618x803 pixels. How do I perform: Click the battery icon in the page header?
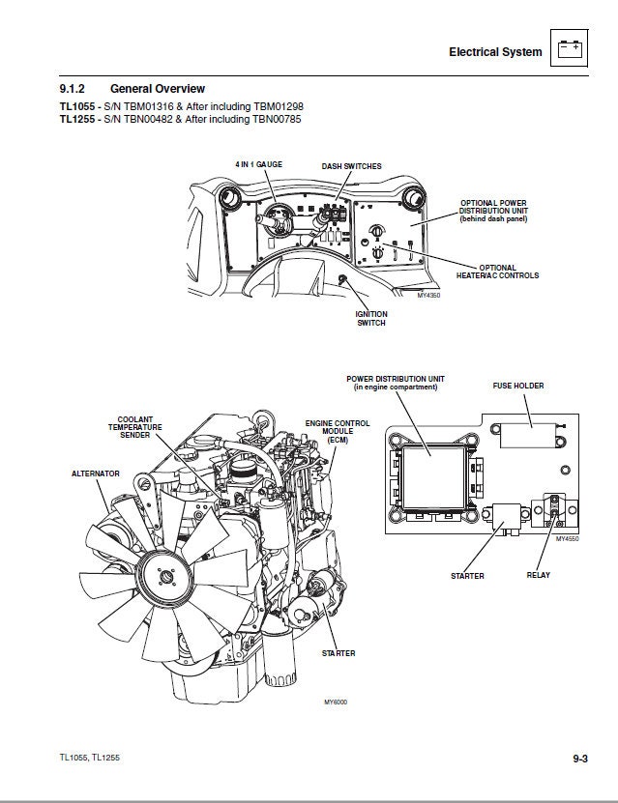coord(570,47)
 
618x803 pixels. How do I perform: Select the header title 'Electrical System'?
coord(495,52)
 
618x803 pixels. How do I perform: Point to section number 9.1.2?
coord(74,89)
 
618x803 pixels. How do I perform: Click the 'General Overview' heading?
coord(158,89)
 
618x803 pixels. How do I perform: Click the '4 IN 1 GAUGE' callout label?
coord(258,165)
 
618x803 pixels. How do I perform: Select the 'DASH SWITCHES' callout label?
coord(351,166)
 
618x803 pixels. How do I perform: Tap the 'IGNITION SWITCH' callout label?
coord(371,318)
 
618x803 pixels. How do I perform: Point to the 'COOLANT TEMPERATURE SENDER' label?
coord(134,427)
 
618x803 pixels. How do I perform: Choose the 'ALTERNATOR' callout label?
coord(96,473)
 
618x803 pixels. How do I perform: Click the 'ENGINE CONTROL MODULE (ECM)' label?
coord(338,431)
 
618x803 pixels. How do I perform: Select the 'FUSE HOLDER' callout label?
coord(518,386)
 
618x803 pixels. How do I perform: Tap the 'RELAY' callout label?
coord(539,575)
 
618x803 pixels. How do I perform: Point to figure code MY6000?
coord(335,702)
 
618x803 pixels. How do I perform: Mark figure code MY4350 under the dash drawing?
coord(428,296)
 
